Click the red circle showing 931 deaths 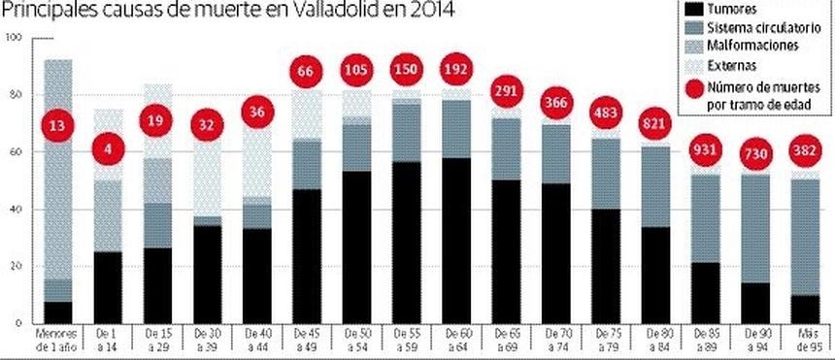[708, 152]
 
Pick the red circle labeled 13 [58, 125]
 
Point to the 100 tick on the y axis [13, 38]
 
